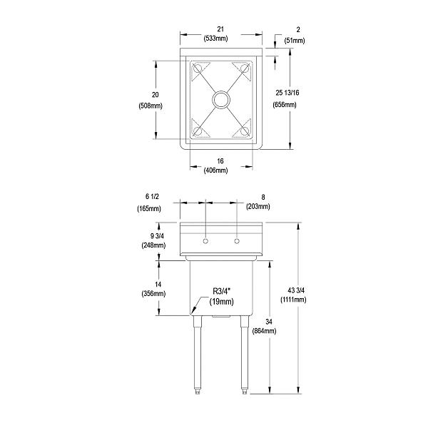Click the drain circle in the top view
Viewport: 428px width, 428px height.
click(220, 98)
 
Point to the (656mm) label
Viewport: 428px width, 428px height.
click(285, 105)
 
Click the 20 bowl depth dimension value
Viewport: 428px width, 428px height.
click(155, 94)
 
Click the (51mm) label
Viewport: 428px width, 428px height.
click(294, 41)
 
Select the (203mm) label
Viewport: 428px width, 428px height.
click(258, 207)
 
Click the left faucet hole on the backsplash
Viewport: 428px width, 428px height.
click(205, 242)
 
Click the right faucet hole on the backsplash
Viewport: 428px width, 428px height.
click(236, 242)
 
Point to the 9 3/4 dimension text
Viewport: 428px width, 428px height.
click(154, 235)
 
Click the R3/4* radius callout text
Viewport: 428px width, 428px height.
click(223, 291)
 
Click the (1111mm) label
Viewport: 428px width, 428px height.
click(294, 300)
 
